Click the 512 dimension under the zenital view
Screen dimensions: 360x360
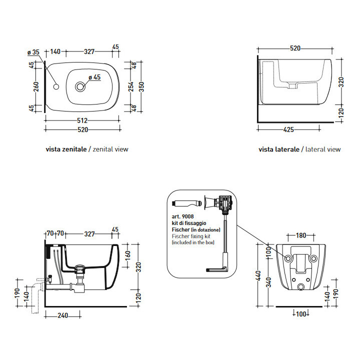pos(82,120)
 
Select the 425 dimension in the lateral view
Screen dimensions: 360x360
pos(288,129)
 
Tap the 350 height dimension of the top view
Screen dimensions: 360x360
pos(141,86)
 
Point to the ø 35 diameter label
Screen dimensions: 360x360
pos(33,52)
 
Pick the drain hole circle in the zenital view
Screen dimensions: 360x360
pos(80,87)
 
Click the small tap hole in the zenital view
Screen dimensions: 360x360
pos(56,87)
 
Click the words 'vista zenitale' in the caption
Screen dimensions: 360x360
pos(65,149)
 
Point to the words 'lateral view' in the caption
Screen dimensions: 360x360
pos(322,149)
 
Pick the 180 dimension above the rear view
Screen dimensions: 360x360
pos(300,235)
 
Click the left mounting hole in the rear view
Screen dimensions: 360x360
pos(288,258)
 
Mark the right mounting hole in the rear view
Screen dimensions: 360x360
pos(313,258)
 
